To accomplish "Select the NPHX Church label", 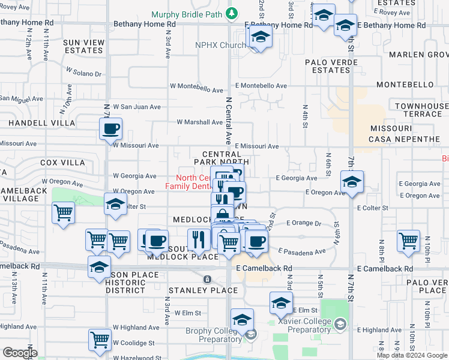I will [x=220, y=46].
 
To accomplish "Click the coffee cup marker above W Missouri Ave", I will [x=111, y=128].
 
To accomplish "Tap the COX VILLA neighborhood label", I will [x=62, y=163].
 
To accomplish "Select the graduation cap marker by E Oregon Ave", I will [x=352, y=181].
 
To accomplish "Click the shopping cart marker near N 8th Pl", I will [x=409, y=240].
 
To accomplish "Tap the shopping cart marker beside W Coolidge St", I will [x=100, y=340].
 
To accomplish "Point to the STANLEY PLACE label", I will [x=194, y=290].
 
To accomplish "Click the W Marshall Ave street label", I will [x=199, y=122].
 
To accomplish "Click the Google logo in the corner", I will [x=19, y=352].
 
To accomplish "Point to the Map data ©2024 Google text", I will [x=412, y=355].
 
